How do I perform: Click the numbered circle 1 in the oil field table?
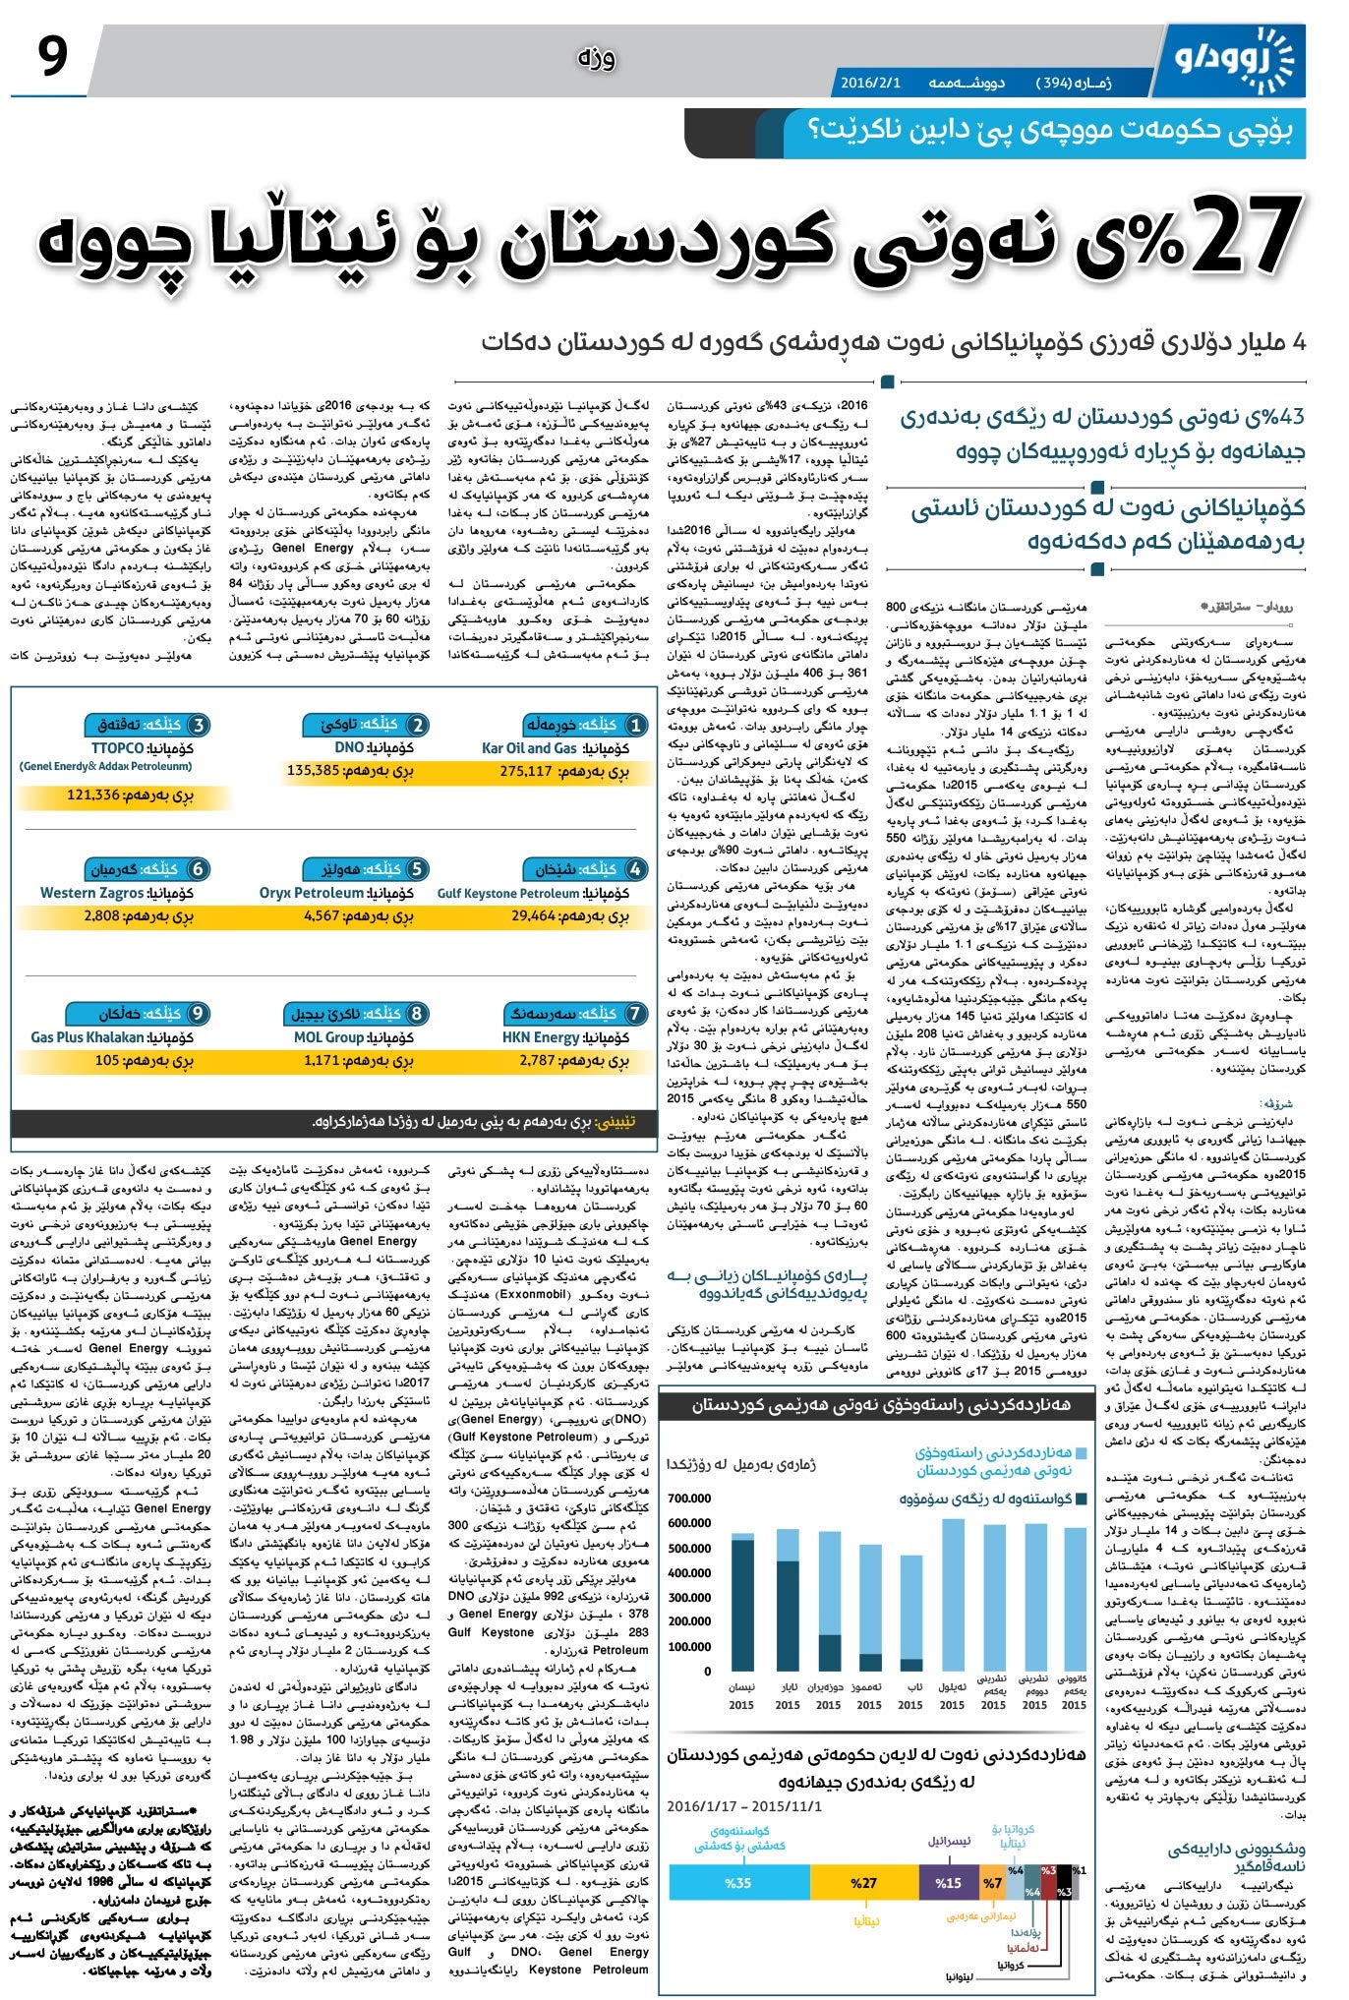(636, 726)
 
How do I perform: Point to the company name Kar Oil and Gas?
(529, 748)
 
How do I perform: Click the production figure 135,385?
(314, 771)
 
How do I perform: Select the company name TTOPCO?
(117, 748)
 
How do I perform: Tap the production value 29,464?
(534, 915)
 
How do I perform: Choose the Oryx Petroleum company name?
(311, 893)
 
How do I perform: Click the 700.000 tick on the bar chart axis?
(689, 1498)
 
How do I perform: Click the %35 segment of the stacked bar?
(737, 1882)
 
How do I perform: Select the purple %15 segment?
(948, 1882)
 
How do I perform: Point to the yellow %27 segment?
(863, 1882)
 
